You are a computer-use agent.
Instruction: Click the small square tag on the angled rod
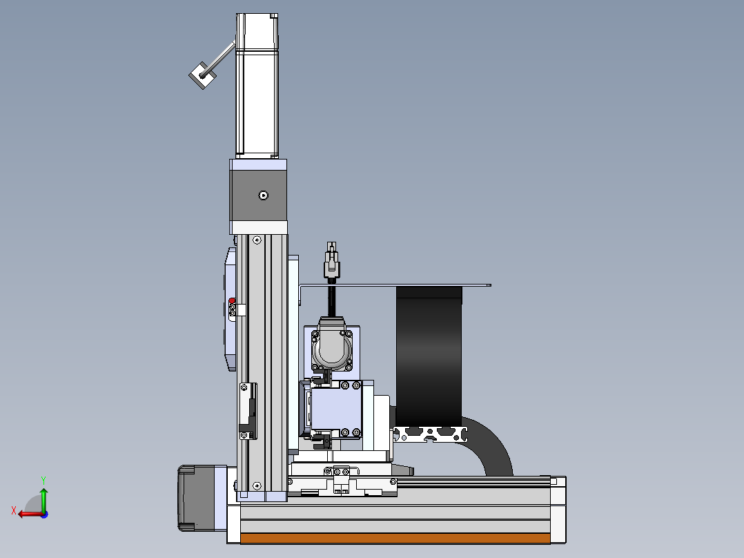tap(203, 75)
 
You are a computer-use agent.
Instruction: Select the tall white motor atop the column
tap(257, 86)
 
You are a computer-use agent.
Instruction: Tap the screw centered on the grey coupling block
tap(264, 195)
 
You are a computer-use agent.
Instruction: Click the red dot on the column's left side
tap(232, 300)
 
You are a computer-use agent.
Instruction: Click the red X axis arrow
tap(31, 514)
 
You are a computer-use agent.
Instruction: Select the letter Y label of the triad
tap(43, 481)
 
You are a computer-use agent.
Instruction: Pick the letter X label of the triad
tap(14, 510)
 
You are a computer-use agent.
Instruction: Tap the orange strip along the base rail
tap(395, 538)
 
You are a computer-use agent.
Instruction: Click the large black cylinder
tap(429, 356)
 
